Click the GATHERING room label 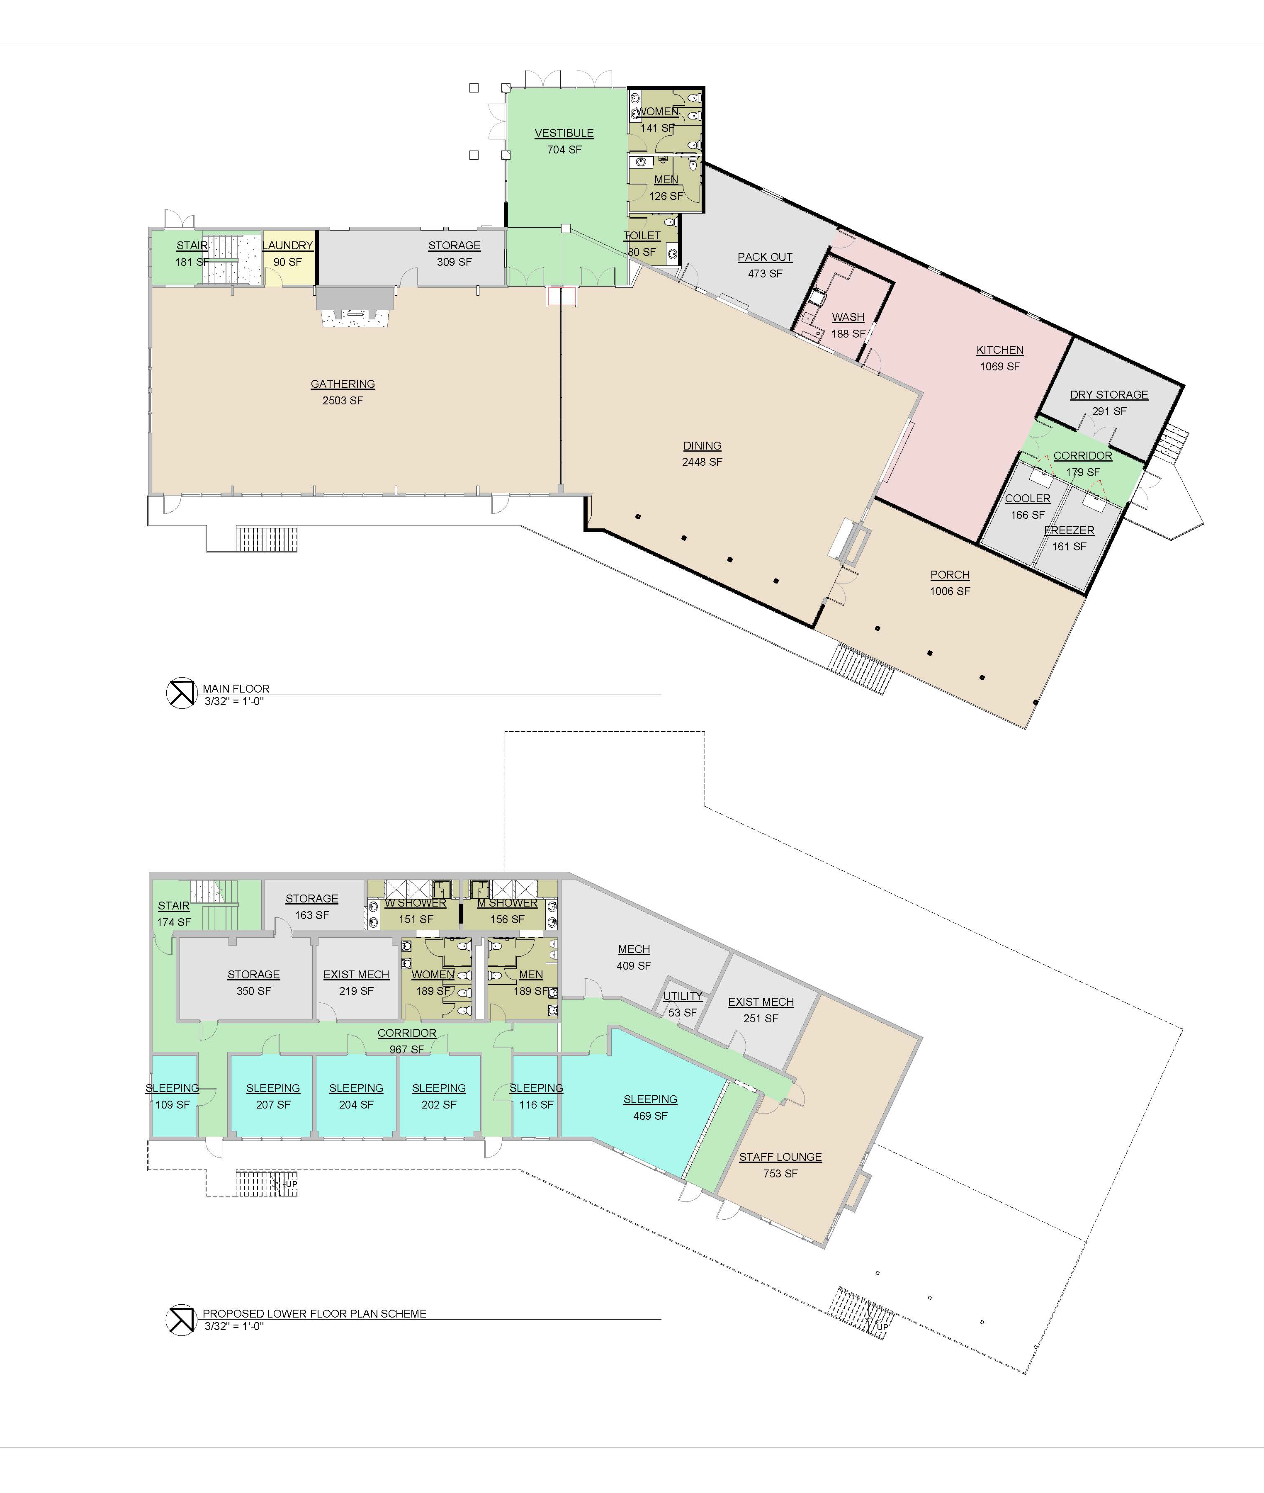pos(343,384)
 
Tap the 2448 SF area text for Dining pos(702,462)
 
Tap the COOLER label pos(1028,498)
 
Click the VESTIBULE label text pos(564,133)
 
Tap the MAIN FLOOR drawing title pos(236,688)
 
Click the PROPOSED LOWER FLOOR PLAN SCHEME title pos(315,1313)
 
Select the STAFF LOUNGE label pos(780,1157)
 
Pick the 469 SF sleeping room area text pos(650,1116)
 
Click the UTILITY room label pos(682,996)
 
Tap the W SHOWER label pos(416,903)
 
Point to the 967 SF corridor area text pos(407,1050)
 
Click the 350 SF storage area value pos(254,991)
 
